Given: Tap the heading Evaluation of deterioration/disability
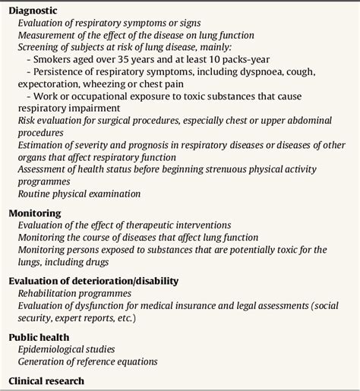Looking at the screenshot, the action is tap(93, 280).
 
